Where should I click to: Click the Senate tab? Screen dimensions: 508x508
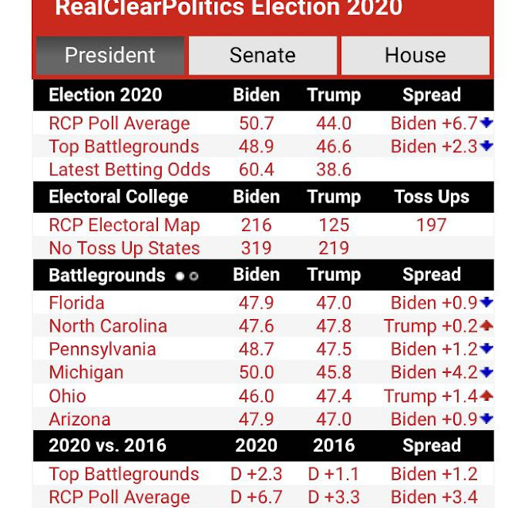tap(262, 56)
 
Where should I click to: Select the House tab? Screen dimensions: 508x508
tap(415, 56)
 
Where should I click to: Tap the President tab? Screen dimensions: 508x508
tap(110, 56)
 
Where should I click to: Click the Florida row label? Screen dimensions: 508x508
tap(76, 303)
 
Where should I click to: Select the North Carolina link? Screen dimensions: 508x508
tap(108, 326)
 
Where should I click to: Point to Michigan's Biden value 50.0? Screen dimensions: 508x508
tap(256, 372)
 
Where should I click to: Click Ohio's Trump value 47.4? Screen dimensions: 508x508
tap(333, 395)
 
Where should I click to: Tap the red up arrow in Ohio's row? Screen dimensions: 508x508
tap(487, 395)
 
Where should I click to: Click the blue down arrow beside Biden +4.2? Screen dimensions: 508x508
tap(487, 372)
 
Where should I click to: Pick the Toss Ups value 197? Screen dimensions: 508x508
tap(431, 225)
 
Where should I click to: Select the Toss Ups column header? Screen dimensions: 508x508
tap(431, 197)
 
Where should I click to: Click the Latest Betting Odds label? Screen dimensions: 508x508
tap(129, 170)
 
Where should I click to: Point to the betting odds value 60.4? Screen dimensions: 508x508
tap(256, 170)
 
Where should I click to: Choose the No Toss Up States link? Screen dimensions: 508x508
tap(123, 248)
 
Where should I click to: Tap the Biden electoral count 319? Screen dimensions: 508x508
tap(256, 248)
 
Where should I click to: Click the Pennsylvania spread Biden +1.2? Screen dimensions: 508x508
tap(433, 349)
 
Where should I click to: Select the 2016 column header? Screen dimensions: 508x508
tap(333, 445)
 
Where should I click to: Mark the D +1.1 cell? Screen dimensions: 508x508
tap(333, 475)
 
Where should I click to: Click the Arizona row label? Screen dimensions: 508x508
tap(79, 419)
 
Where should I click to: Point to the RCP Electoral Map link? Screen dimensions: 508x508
tap(124, 225)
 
